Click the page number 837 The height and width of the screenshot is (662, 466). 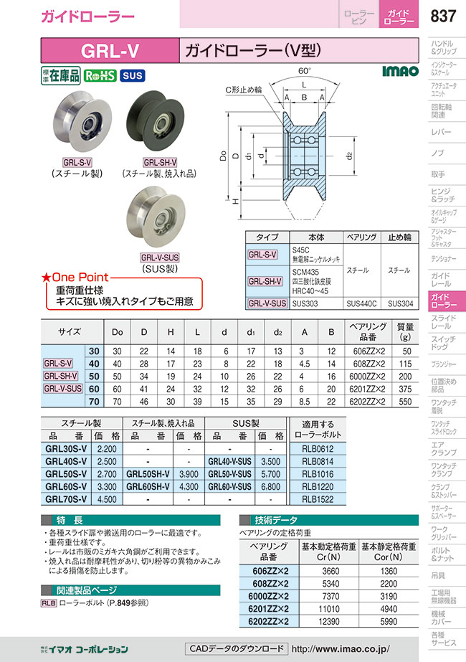point(443,16)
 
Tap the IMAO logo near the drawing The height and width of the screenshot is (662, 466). point(400,71)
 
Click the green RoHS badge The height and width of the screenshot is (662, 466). point(100,75)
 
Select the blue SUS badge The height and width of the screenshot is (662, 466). point(133,75)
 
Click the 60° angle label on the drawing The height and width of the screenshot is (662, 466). point(305,71)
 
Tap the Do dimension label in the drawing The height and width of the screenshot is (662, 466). point(223,156)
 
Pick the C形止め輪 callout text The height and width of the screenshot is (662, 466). point(243,90)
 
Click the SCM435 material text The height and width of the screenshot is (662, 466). point(305,272)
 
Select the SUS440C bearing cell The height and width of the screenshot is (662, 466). point(361,303)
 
